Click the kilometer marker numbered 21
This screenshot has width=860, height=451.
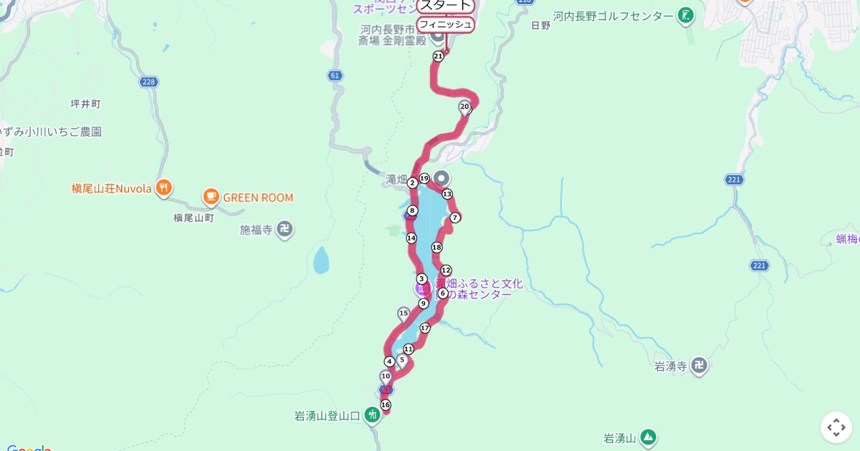click(438, 56)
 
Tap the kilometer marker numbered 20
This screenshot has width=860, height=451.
click(464, 107)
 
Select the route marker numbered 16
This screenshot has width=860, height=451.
click(386, 405)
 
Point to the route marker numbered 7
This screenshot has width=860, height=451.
click(455, 218)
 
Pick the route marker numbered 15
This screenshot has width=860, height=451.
click(403, 313)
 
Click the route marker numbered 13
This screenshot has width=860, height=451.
click(447, 194)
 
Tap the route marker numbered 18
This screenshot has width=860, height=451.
click(436, 248)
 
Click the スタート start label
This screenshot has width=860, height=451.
click(445, 6)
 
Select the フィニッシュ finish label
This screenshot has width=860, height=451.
click(445, 24)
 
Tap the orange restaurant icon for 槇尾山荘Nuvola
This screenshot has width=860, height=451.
click(164, 188)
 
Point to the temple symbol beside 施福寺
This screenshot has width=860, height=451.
click(285, 230)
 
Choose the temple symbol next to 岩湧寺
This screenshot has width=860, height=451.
click(699, 367)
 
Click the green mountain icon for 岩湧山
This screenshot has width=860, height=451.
click(648, 437)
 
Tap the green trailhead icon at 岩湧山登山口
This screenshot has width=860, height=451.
click(371, 414)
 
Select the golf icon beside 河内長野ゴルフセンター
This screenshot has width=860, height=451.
click(687, 16)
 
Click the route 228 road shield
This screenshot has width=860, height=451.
click(148, 82)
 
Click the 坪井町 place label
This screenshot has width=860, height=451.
click(86, 104)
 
